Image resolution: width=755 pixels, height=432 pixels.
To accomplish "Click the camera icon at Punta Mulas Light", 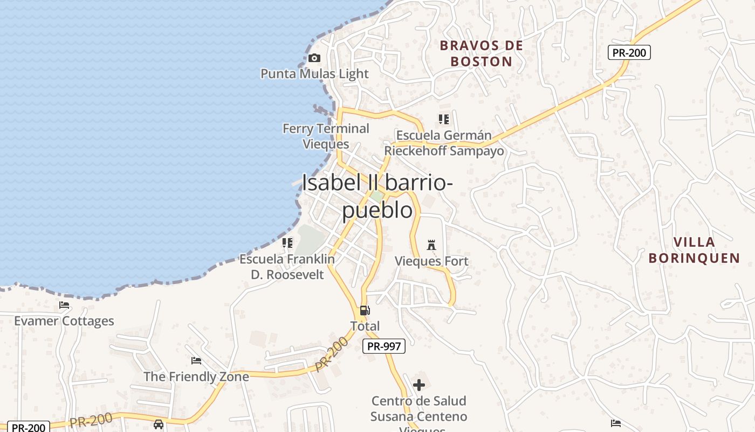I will (x=314, y=58).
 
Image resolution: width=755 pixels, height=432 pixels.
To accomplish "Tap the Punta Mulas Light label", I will (x=314, y=74).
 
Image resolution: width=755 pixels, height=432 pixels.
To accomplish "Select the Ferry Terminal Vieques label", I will (x=326, y=136).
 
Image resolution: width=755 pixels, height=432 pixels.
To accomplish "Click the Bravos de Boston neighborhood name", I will (x=481, y=53).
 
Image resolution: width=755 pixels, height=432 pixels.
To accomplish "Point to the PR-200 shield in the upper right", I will (x=629, y=52).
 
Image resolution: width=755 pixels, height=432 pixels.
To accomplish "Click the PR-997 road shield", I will (x=383, y=346).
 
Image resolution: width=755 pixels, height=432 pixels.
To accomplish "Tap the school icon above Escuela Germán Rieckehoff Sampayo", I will (x=444, y=119).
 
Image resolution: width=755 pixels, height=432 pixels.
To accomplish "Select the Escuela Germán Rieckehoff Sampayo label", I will (x=444, y=143).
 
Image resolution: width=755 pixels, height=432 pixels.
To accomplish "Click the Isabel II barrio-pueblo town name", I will (x=377, y=196).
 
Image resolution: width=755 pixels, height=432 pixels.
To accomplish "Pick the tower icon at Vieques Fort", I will (x=431, y=245).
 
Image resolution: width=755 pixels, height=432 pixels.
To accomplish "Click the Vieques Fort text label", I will (x=431, y=261).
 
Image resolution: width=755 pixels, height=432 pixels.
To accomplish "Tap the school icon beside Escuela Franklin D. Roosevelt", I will (x=287, y=243).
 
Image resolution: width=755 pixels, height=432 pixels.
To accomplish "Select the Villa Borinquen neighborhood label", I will (x=694, y=250).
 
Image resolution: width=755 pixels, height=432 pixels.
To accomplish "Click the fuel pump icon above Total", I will (x=365, y=310).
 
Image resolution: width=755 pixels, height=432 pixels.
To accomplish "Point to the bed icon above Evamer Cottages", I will (x=64, y=305).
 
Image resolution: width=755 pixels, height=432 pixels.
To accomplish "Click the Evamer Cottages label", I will (x=64, y=321).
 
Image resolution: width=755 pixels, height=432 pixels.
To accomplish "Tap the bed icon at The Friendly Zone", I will (x=196, y=360).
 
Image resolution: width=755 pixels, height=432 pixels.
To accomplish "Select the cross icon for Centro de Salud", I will (x=419, y=385).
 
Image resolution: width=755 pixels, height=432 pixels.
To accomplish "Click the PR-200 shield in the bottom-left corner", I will (x=28, y=427).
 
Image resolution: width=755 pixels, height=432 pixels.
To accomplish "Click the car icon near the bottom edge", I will (x=159, y=424).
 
